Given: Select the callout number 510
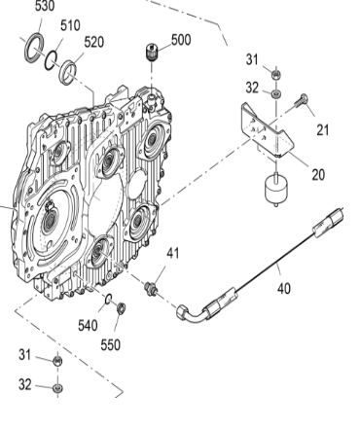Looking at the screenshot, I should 70,25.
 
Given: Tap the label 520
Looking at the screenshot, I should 93,42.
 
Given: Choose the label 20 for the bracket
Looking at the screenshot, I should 318,175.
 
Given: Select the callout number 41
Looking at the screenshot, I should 172,254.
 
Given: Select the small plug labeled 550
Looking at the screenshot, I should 121,308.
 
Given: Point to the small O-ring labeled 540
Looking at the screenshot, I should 107,299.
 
